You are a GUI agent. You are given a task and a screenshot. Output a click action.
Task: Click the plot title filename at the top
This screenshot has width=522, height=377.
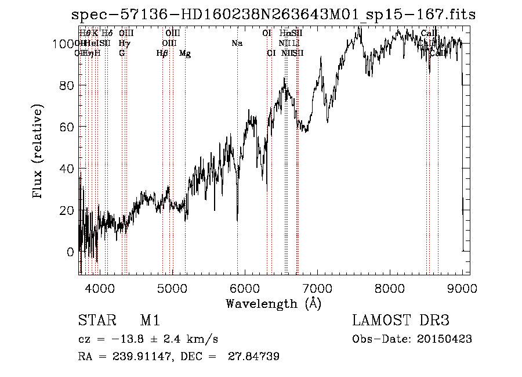(x=272, y=15)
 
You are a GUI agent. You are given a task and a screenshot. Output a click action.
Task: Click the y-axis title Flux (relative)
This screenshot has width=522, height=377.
(x=39, y=152)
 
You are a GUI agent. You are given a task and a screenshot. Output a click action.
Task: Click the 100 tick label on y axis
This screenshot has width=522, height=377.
(x=62, y=44)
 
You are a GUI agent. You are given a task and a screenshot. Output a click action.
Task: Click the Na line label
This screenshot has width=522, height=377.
(x=237, y=44)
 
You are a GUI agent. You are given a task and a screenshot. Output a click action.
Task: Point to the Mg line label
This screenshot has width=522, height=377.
(x=185, y=53)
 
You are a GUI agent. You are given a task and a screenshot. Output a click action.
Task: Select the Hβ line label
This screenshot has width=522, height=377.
(x=162, y=53)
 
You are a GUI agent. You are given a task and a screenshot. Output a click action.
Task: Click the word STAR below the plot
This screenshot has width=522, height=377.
(x=96, y=321)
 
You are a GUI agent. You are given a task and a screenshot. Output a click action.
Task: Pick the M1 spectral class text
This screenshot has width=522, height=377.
(x=150, y=321)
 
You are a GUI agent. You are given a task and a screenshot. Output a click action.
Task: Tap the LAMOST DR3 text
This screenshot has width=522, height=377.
(x=401, y=321)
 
